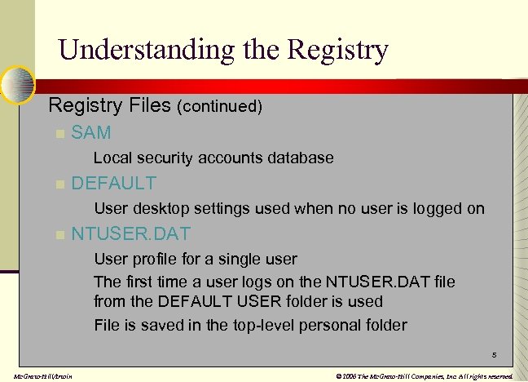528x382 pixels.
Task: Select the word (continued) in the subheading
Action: [x=219, y=107]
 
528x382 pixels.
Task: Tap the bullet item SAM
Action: [x=91, y=132]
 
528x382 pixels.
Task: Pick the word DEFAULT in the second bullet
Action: [x=114, y=183]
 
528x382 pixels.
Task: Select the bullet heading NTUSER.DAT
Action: [x=131, y=233]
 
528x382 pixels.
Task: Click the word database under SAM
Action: [x=301, y=158]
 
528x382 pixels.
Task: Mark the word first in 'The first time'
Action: [x=138, y=282]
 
